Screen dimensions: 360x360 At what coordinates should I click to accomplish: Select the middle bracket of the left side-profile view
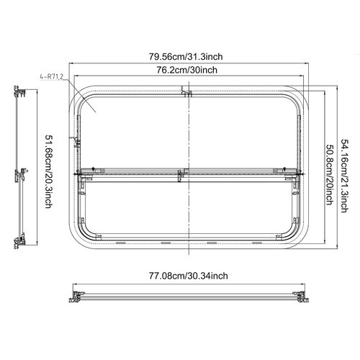pyautogui.click(x=22, y=174)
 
